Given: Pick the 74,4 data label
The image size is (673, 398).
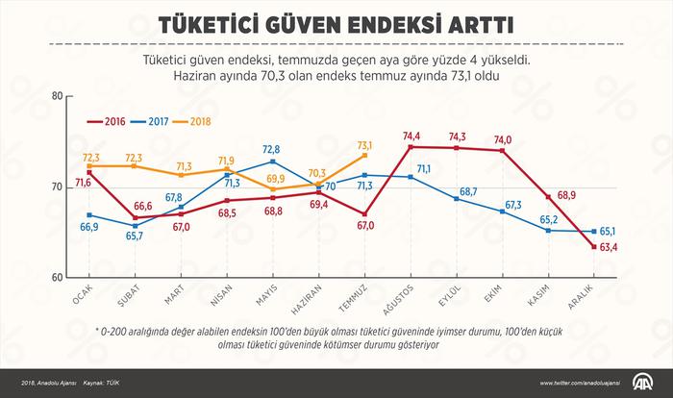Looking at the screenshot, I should pos(413,136).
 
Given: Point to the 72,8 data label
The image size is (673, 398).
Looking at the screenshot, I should pos(273,150).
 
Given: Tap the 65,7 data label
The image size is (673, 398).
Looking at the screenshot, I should pos(134,236).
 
